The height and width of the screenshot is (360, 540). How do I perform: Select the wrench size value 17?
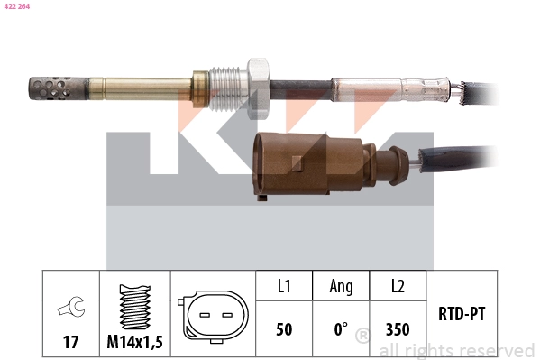[x=70, y=342]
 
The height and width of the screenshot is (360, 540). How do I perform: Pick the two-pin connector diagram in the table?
[x=213, y=317]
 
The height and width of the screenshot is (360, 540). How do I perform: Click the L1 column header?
[x=284, y=286]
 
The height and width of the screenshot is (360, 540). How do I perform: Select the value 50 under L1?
[x=284, y=330]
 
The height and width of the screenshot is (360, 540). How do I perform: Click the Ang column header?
[x=341, y=286]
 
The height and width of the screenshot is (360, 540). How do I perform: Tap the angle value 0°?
[x=341, y=330]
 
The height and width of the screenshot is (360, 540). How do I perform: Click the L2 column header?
[x=398, y=286]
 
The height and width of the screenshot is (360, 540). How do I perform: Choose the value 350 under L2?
[x=398, y=330]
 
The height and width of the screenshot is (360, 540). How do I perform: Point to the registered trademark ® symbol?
[x=362, y=337]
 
